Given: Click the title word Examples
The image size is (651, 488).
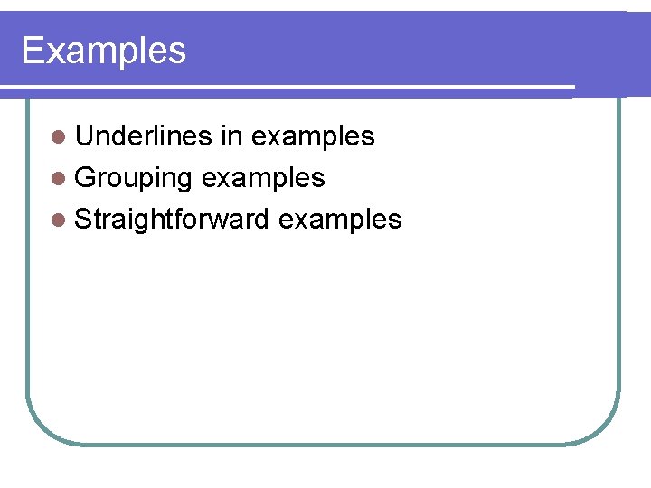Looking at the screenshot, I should [x=103, y=51].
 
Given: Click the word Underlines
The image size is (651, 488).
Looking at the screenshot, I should [x=144, y=136].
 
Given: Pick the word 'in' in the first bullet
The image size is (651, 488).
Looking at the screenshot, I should [x=231, y=136].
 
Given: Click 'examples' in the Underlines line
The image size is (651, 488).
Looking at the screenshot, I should [x=313, y=137].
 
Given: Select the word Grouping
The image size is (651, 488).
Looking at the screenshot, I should [x=133, y=178].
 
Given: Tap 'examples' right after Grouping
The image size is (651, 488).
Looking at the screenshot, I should [x=263, y=179].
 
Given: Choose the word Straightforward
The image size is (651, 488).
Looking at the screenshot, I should [x=173, y=219].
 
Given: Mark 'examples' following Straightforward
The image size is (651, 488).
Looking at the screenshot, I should [x=340, y=220].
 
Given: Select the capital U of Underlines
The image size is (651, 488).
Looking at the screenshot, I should [x=84, y=136].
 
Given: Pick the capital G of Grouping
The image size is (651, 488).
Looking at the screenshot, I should [x=85, y=178].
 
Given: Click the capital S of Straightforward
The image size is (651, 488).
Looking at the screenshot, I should [x=83, y=219].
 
